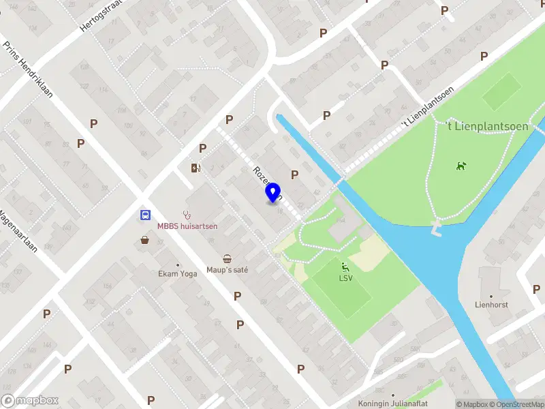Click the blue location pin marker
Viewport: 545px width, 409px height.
click(x=273, y=194)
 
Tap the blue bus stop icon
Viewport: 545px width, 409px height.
click(x=145, y=215)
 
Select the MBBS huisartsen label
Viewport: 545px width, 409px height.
click(x=187, y=226)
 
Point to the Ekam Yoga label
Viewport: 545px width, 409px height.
click(x=174, y=274)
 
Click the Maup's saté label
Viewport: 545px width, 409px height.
click(x=228, y=270)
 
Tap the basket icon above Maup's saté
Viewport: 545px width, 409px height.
click(x=227, y=259)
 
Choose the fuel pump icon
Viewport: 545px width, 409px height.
click(x=196, y=168)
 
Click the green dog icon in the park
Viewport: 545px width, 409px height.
click(x=462, y=165)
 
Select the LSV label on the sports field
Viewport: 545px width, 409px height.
click(x=345, y=277)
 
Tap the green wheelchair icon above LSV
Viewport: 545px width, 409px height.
click(x=345, y=267)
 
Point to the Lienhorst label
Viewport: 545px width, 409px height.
click(x=493, y=305)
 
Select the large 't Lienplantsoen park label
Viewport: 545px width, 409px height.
click(x=480, y=125)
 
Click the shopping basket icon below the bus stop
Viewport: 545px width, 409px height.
click(x=144, y=240)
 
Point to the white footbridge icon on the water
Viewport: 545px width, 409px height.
click(x=436, y=228)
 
